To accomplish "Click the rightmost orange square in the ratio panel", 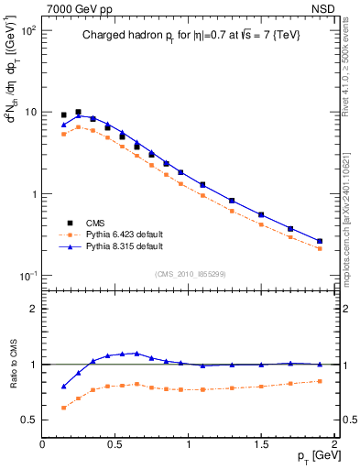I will click(320, 381).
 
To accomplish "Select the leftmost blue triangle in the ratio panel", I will click(63, 387).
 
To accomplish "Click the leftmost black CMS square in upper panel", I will click(63, 115).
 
